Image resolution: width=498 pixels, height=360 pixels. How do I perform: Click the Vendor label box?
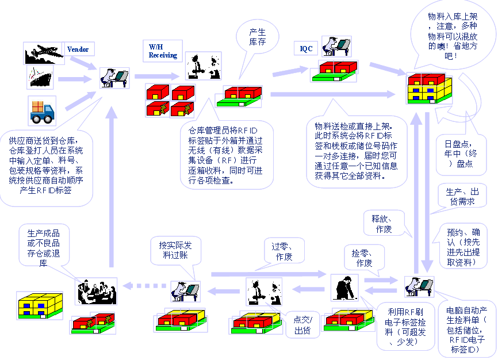(78, 49)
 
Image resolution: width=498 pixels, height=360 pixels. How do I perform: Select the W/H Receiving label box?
(162, 51)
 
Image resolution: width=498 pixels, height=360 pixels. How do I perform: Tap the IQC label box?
(307, 49)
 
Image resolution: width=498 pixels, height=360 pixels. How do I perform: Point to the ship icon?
(41, 77)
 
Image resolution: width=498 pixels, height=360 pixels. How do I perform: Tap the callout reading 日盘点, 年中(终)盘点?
(458, 152)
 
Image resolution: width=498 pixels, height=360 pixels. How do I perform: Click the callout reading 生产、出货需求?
(462, 196)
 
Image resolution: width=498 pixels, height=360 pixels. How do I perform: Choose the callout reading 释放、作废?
(382, 223)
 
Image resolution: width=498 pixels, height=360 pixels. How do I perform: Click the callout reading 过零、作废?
(284, 251)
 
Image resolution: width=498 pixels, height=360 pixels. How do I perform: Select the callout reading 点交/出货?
(302, 325)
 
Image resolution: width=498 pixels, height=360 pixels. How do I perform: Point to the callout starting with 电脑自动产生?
(466, 330)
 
